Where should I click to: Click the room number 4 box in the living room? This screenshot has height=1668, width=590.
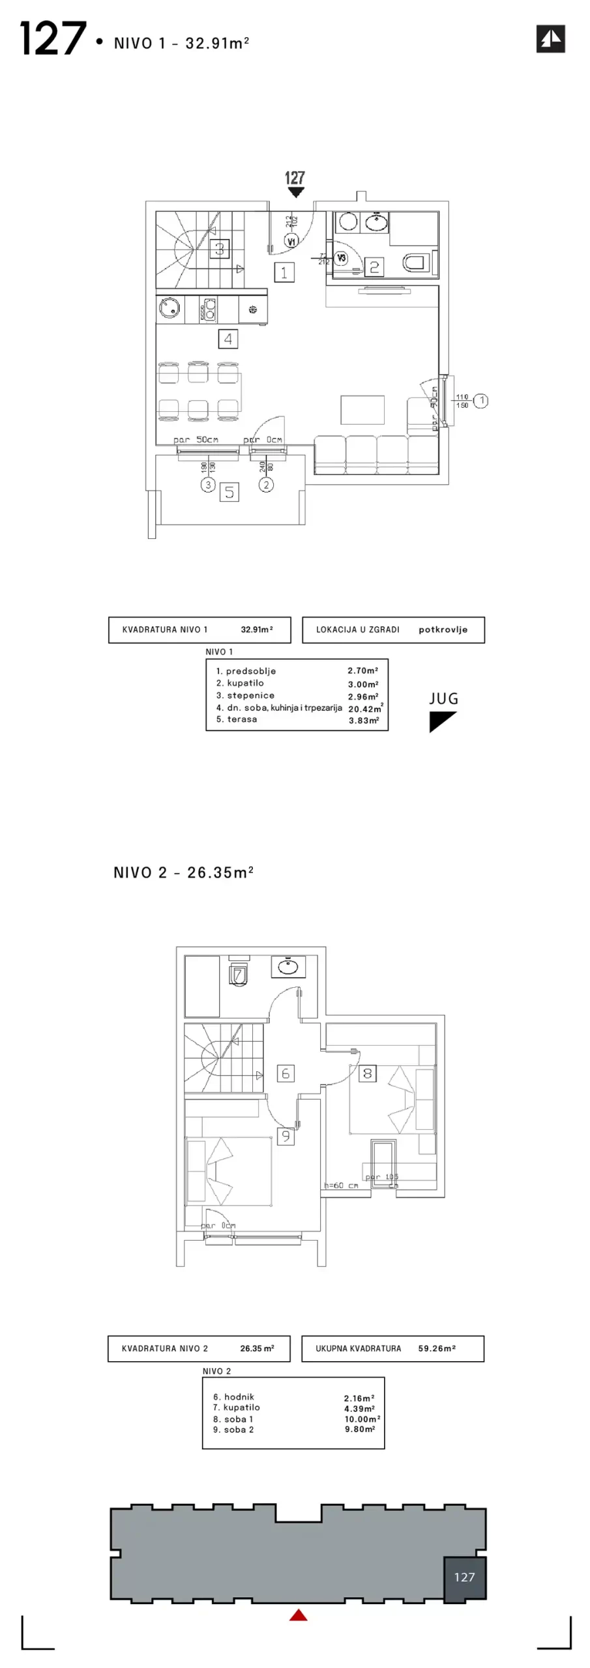click(228, 339)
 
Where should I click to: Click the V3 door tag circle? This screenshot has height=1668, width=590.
click(340, 258)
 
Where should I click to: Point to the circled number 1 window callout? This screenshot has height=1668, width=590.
click(480, 401)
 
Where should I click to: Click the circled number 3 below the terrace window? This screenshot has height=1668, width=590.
click(208, 485)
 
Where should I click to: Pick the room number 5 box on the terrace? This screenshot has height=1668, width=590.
click(229, 493)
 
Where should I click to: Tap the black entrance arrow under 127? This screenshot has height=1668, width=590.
click(296, 192)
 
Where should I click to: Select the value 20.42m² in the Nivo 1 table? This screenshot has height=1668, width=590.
click(364, 709)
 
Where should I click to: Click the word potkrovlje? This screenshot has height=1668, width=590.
click(443, 630)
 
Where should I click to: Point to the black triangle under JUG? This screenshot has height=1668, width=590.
click(441, 721)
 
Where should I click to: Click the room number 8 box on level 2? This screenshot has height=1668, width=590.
click(368, 1073)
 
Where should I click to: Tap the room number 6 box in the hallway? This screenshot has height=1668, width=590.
click(285, 1073)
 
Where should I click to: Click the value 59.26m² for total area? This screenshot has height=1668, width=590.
click(437, 1349)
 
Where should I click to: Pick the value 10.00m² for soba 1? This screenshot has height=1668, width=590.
click(362, 1419)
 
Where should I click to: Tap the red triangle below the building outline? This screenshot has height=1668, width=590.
click(298, 1615)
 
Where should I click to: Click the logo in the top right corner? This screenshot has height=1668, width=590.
click(550, 38)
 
